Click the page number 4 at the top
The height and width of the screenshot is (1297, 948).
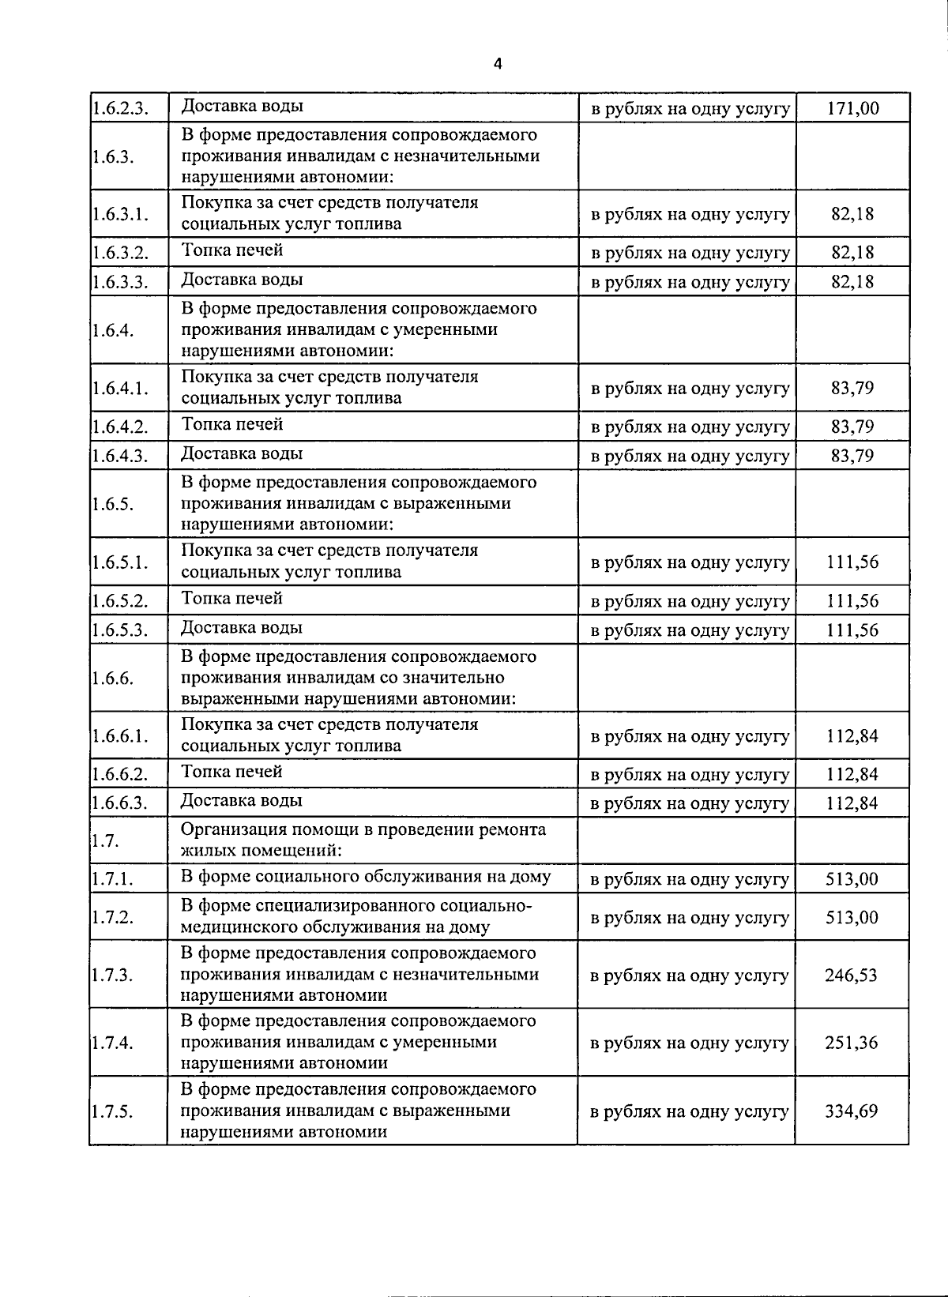tap(497, 65)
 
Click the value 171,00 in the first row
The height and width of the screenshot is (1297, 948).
tap(852, 108)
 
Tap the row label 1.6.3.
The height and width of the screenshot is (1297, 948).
tap(112, 156)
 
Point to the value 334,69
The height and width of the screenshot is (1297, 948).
tap(851, 1111)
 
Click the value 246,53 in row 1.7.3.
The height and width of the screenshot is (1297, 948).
tap(851, 975)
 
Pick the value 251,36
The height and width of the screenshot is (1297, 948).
tap(851, 1043)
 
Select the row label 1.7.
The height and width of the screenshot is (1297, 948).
tap(105, 840)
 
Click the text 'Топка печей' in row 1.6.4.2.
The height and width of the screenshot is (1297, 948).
tap(232, 425)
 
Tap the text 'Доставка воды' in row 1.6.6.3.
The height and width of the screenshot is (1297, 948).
tap(242, 801)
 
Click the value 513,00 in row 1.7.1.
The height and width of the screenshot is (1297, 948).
tap(851, 878)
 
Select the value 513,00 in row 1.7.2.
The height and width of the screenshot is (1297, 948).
tap(851, 917)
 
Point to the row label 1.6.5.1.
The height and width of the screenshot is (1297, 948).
tap(119, 562)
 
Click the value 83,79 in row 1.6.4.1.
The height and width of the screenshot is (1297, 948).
tap(852, 388)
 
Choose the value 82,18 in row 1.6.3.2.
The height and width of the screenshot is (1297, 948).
tap(852, 253)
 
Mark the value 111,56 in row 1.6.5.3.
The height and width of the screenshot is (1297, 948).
tap(852, 630)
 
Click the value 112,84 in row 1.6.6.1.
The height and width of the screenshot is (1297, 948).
tap(852, 736)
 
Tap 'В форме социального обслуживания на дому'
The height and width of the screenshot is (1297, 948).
tap(366, 876)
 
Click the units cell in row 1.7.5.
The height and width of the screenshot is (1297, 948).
tap(689, 1111)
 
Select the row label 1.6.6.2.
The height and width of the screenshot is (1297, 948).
tap(119, 774)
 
